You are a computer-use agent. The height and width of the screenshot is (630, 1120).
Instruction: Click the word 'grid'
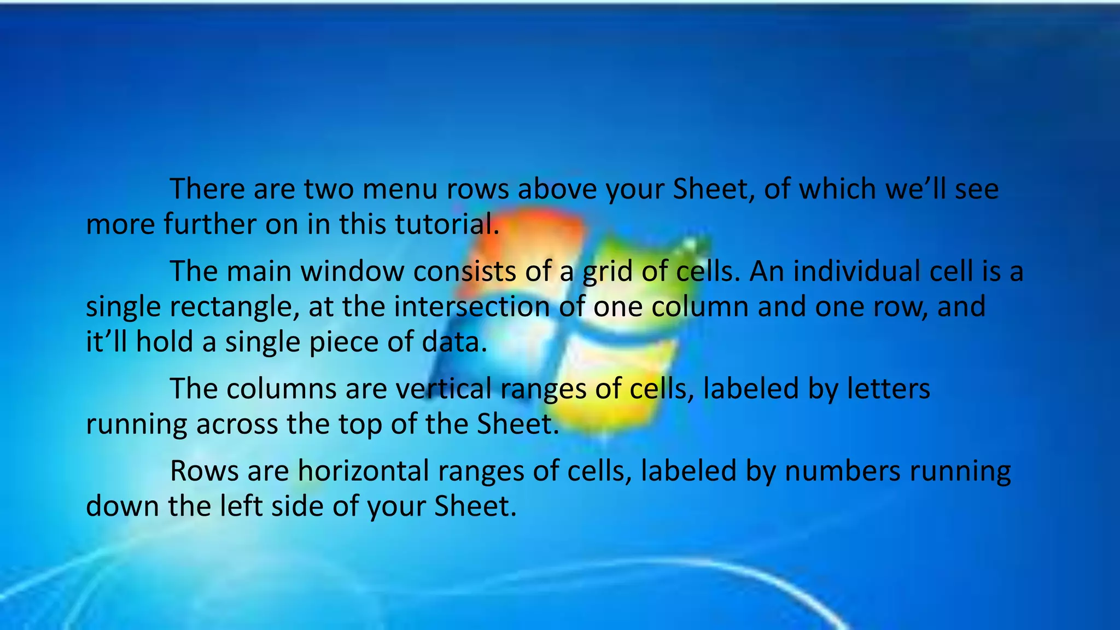coord(607,271)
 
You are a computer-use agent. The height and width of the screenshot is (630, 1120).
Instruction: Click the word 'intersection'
coord(471,306)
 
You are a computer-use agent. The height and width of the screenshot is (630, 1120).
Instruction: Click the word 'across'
coord(237,424)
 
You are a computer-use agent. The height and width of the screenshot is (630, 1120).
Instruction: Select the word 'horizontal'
coord(363,471)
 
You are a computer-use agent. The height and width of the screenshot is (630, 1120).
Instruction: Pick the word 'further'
coord(210,224)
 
